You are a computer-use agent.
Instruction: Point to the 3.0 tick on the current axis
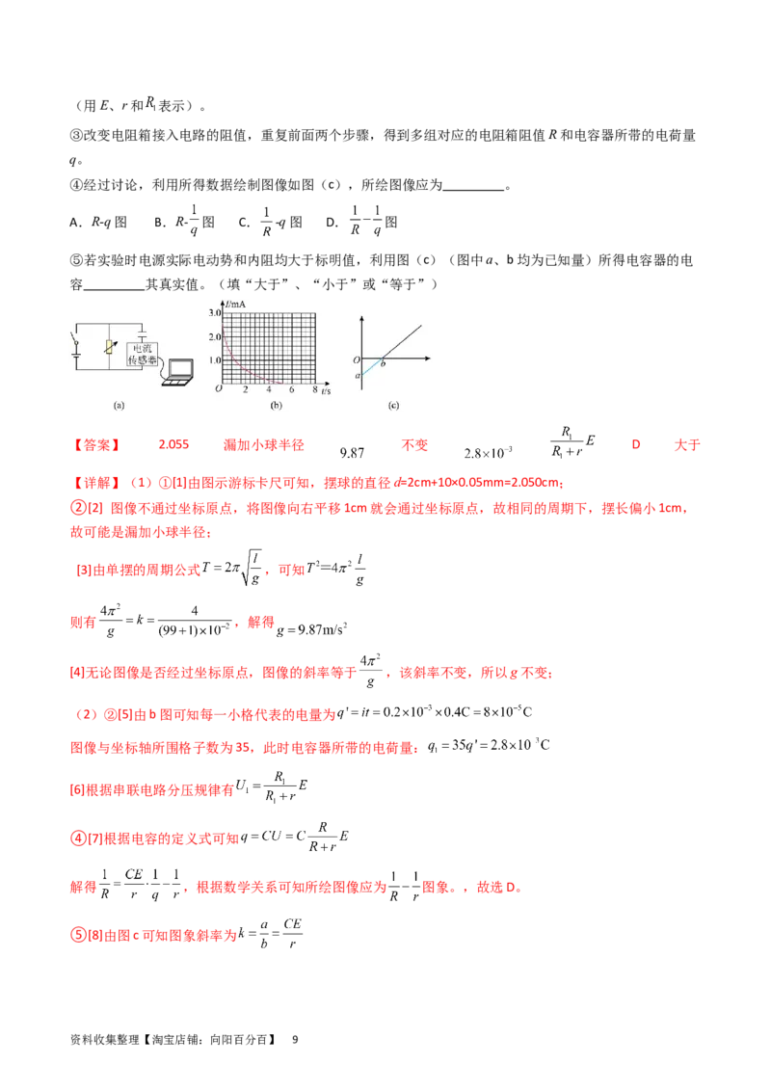coord(215,314)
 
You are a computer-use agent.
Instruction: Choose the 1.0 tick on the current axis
coord(215,359)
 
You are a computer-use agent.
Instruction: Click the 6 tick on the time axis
coord(291,389)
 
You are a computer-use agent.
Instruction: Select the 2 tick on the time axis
coord(245,389)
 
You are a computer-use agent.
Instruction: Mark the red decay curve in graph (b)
coord(241,364)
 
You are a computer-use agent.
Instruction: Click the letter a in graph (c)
coord(357,376)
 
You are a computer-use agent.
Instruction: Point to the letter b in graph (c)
coord(384,364)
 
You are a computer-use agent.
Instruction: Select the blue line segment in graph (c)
coord(372,367)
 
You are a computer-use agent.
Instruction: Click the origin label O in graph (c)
coord(356,359)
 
